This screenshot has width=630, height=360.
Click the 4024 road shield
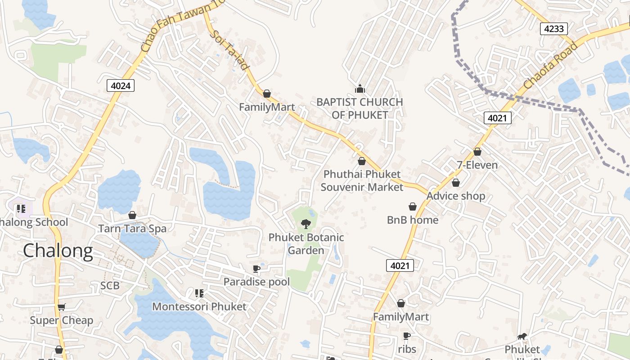121,85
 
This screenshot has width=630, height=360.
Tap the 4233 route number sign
553,29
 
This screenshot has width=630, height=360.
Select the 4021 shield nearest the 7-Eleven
498,118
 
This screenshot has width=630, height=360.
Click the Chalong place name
58,251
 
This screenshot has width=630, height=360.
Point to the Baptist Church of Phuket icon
360,88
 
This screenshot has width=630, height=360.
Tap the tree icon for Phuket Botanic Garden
306,224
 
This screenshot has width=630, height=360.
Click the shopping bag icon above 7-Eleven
477,152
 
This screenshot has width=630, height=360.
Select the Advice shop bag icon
456,183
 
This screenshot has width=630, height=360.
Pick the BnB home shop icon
413,207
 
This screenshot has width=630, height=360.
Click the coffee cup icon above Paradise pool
256,269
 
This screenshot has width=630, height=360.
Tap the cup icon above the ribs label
407,336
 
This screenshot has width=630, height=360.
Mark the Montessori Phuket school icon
199,293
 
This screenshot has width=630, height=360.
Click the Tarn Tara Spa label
132,229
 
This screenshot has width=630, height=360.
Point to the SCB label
110,286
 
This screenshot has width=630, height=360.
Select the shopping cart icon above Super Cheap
62,307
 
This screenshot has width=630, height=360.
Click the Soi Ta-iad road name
229,50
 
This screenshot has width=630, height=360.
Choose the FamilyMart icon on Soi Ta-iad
267,94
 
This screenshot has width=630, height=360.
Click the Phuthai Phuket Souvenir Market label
362,180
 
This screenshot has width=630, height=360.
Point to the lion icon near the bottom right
522,337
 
